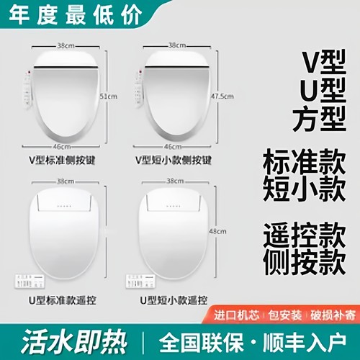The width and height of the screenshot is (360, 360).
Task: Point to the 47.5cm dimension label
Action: [229, 96]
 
